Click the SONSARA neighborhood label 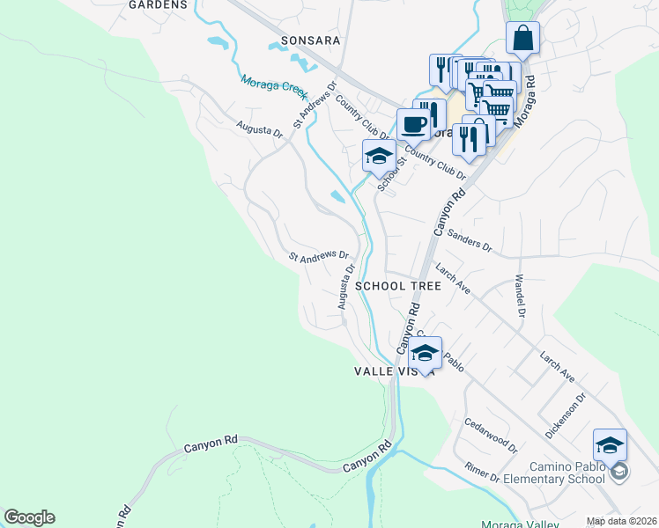click(x=309, y=40)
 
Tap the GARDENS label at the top click(x=159, y=4)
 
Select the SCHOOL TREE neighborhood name click(x=397, y=286)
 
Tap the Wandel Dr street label click(x=520, y=299)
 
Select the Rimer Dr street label click(x=483, y=473)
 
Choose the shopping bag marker click(x=522, y=38)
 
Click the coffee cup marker click(x=413, y=124)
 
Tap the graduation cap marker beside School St click(x=379, y=156)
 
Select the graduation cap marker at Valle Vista click(x=425, y=353)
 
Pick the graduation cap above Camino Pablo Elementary click(x=610, y=445)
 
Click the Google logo click(x=29, y=518)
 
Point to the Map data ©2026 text click(x=621, y=522)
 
